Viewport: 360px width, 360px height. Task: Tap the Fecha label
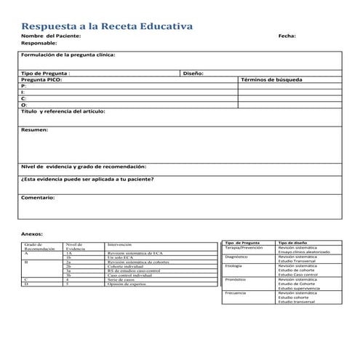click(287, 36)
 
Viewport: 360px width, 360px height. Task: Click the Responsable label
click(39, 43)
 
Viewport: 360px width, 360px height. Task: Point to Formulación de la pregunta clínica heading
click(68, 55)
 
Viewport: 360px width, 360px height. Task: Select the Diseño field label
click(193, 73)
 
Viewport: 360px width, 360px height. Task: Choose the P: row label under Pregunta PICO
click(24, 86)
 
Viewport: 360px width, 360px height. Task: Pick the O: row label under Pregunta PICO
click(24, 104)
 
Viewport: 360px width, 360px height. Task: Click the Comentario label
click(38, 197)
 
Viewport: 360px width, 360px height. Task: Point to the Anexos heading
click(32, 233)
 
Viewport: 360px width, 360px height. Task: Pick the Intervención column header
click(121, 244)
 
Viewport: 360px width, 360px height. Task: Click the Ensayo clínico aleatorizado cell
click(303, 252)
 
